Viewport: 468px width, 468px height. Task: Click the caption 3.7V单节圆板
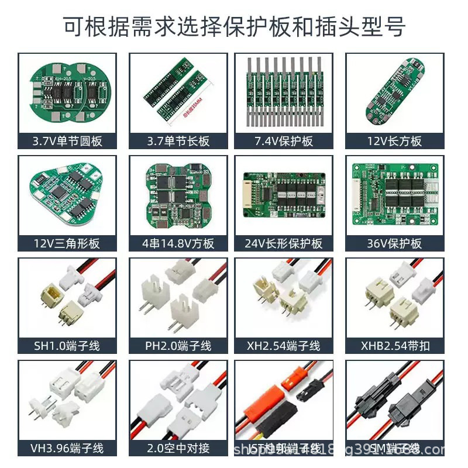point(67,142)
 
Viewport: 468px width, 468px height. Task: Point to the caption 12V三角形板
point(67,243)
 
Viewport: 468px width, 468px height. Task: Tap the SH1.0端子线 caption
point(67,346)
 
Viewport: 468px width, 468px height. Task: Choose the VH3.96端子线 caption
point(67,448)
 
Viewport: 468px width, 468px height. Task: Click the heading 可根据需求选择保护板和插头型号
point(234,26)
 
